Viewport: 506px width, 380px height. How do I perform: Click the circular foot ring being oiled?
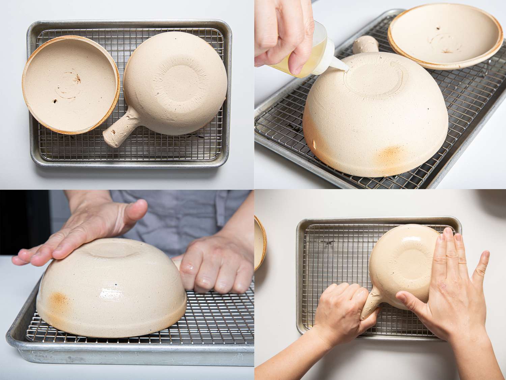(371, 76)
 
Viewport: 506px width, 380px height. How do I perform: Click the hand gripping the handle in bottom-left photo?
(216, 263)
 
